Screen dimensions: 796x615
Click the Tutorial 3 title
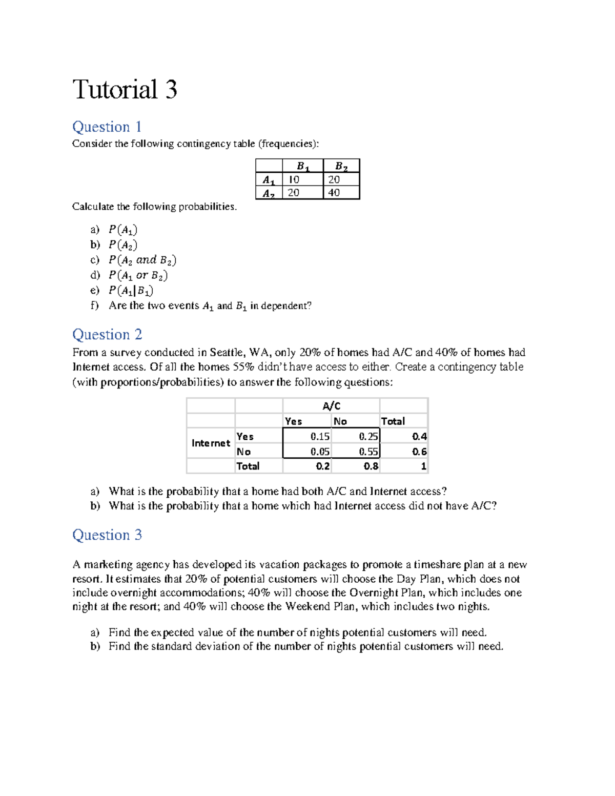click(125, 90)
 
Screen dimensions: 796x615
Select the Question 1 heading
click(107, 127)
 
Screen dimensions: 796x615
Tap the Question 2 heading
click(107, 334)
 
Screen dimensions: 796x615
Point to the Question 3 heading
click(107, 535)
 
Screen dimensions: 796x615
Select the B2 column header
click(341, 166)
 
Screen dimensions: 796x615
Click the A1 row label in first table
click(269, 180)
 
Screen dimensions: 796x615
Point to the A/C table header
click(331, 406)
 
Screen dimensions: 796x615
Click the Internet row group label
click(211, 443)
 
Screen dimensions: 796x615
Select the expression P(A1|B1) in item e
click(131, 291)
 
